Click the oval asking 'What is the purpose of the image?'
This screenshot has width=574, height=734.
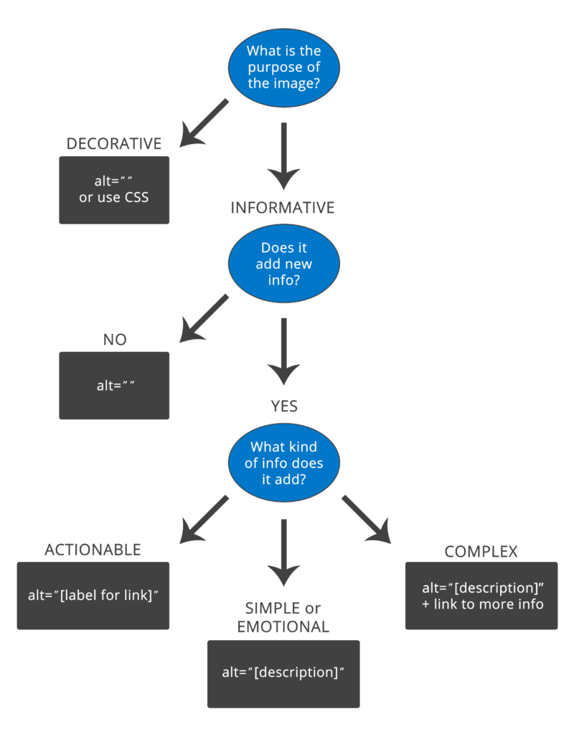pyautogui.click(x=283, y=67)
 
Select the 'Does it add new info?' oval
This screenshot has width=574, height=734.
pyautogui.click(x=283, y=263)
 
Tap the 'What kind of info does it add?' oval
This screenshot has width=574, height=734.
pyautogui.click(x=283, y=462)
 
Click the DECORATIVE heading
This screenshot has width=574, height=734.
pyautogui.click(x=113, y=143)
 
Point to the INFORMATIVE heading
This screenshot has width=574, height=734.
pyautogui.click(x=282, y=208)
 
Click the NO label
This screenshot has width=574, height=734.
pyautogui.click(x=114, y=339)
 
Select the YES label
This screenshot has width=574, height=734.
pyautogui.click(x=284, y=406)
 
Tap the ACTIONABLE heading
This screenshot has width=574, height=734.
pyautogui.click(x=93, y=550)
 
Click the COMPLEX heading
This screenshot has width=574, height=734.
pyautogui.click(x=481, y=551)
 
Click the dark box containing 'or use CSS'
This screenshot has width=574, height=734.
pyautogui.click(x=114, y=190)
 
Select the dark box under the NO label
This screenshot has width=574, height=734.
pyautogui.click(x=114, y=385)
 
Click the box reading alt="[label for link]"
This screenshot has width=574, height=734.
pyautogui.click(x=93, y=596)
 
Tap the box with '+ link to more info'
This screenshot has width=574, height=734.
pyautogui.click(x=481, y=596)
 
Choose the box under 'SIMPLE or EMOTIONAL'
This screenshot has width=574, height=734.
pyautogui.click(x=283, y=673)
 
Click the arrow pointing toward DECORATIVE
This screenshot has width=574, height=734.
pyautogui.click(x=203, y=123)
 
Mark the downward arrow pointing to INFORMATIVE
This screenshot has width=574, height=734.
pyautogui.click(x=284, y=158)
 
